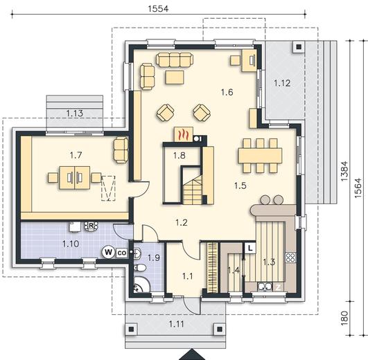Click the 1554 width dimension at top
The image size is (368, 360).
158,9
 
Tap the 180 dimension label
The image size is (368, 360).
344,318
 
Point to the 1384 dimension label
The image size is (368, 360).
344,171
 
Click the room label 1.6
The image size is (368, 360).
227,92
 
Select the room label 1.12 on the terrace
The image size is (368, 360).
282,83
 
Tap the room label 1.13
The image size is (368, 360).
75,114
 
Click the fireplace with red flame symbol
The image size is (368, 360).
183,134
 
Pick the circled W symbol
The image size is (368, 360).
108,252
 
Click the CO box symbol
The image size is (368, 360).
121,253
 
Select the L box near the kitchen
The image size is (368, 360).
250,248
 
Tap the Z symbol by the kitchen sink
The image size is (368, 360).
278,287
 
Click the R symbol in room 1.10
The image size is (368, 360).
91,226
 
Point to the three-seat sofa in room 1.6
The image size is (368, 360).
175,60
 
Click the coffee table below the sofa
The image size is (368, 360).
175,78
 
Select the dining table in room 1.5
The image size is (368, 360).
260,156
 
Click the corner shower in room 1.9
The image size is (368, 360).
142,284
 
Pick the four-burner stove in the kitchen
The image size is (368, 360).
290,258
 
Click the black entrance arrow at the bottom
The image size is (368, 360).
192,354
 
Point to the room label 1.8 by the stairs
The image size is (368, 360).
179,155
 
